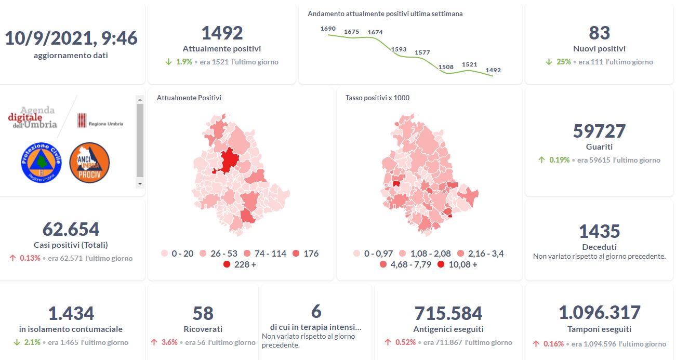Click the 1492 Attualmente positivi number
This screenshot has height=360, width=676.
[x=222, y=33]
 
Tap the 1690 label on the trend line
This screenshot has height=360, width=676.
[x=328, y=29]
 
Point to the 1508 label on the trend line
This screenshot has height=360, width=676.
[x=446, y=67]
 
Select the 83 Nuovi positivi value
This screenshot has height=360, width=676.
[x=599, y=33]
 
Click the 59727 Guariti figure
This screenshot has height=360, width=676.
[x=599, y=131]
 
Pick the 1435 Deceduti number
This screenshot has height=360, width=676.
[x=599, y=231]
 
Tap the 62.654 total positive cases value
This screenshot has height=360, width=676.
[x=71, y=229]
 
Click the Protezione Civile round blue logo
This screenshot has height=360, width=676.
[x=41, y=162]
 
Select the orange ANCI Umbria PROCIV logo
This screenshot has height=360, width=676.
[x=89, y=162]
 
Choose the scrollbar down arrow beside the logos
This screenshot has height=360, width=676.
[x=139, y=184]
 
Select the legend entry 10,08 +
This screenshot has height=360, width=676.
[x=457, y=264]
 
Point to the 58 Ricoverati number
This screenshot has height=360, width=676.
[x=203, y=313]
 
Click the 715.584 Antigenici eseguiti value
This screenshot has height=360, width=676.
[x=448, y=313]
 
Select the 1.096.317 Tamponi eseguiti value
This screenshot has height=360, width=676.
[x=599, y=313]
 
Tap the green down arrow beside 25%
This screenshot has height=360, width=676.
[x=549, y=62]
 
